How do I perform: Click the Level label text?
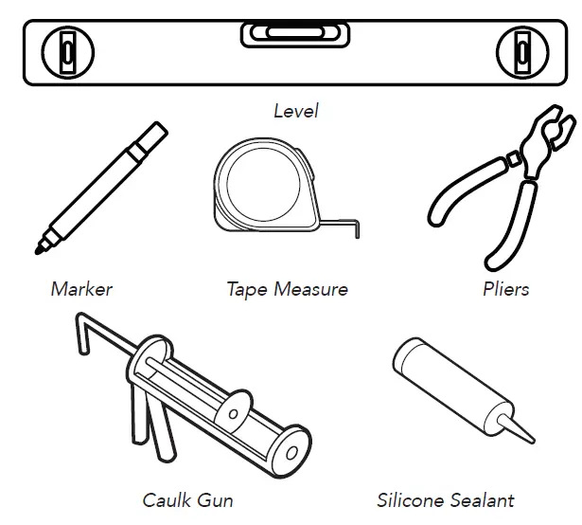(x=295, y=111)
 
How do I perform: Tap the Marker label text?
(x=81, y=289)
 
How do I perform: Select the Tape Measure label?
(x=287, y=289)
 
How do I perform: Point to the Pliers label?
(x=505, y=289)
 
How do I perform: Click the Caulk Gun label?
(x=187, y=499)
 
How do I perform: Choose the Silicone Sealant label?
(x=446, y=499)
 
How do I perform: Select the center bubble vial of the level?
(x=294, y=35)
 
